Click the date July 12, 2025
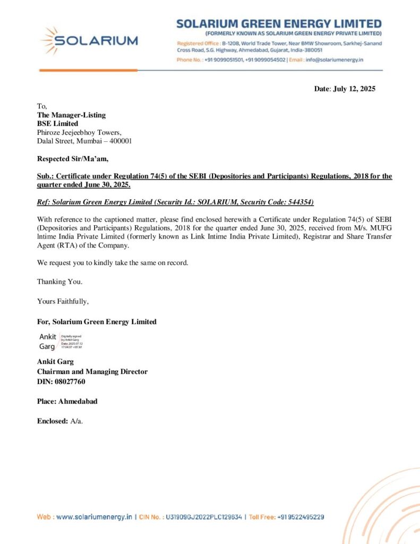[354, 89]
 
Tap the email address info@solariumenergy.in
[334, 60]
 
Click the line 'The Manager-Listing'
[71, 115]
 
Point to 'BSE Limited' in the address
[57, 124]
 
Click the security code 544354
[299, 202]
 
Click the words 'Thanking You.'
[59, 282]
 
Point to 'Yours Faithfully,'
[63, 301]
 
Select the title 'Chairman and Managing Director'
[92, 372]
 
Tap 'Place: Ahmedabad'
[67, 401]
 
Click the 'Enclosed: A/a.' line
[60, 421]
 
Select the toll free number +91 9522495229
[301, 516]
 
